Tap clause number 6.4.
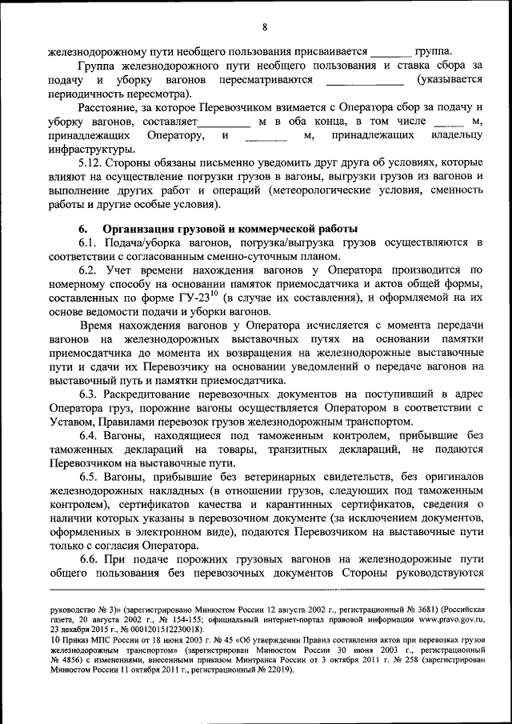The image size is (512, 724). (90, 436)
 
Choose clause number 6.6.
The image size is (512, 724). (90, 560)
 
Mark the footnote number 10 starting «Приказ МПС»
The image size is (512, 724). (53, 640)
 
